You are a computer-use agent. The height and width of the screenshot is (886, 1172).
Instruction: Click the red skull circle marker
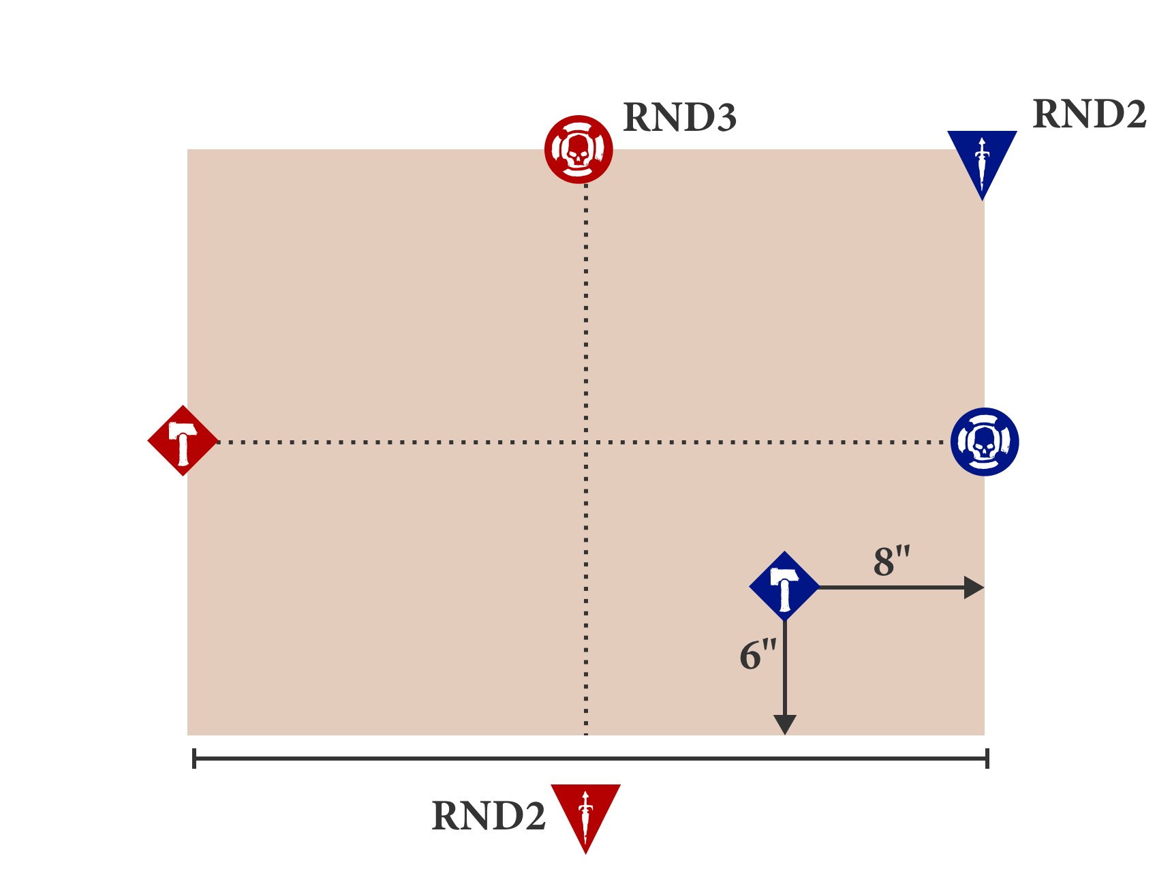pos(579,149)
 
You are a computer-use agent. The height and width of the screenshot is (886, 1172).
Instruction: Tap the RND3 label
pos(679,118)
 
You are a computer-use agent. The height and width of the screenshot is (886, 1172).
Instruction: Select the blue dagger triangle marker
pos(982,160)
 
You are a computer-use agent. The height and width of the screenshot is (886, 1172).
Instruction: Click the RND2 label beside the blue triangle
pos(1089,114)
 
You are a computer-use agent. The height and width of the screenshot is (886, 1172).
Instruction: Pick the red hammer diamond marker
pos(183,441)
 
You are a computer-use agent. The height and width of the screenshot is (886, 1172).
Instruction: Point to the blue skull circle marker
pos(985,442)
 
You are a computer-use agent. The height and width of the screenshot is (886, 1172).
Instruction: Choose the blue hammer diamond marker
pos(784,586)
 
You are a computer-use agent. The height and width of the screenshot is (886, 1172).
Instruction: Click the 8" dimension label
pos(891,562)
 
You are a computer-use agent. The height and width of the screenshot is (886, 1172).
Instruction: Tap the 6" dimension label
pos(758,655)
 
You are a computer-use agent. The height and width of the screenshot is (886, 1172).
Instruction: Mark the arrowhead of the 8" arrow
pos(975,587)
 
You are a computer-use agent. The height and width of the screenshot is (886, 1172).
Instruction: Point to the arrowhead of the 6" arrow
pos(785,725)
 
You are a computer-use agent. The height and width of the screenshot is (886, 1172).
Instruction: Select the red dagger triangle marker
pos(585,813)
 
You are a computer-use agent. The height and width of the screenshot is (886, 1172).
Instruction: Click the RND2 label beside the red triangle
pos(489,816)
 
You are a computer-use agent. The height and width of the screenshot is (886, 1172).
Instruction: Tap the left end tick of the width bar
pos(194,758)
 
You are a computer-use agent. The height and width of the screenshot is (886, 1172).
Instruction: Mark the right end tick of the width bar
pos(987,758)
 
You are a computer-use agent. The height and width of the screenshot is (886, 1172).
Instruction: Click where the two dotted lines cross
pos(586,442)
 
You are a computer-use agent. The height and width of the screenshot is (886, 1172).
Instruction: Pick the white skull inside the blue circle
pos(983,443)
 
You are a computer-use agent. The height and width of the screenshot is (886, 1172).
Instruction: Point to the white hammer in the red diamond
pos(182,442)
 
